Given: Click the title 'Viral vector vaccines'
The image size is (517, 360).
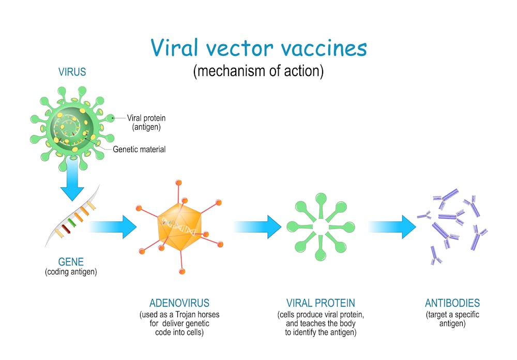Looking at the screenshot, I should (x=258, y=48).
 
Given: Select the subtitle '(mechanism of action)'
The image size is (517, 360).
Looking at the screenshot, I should (x=258, y=71).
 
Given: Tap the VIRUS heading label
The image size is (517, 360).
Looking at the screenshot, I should (x=72, y=72).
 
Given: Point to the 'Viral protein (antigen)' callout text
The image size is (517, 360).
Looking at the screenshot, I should (x=146, y=122).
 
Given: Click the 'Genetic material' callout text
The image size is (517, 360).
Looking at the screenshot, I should (x=140, y=149).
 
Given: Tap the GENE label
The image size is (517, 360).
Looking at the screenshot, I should (x=71, y=262).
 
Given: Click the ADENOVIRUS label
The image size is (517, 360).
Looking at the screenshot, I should (x=179, y=303).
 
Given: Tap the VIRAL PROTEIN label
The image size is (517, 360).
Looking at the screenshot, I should (x=321, y=303).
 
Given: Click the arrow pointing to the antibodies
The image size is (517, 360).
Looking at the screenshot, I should (x=392, y=227).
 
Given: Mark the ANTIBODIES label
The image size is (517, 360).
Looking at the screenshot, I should (x=452, y=303).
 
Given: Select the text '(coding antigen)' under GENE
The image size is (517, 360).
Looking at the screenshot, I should (x=71, y=272).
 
